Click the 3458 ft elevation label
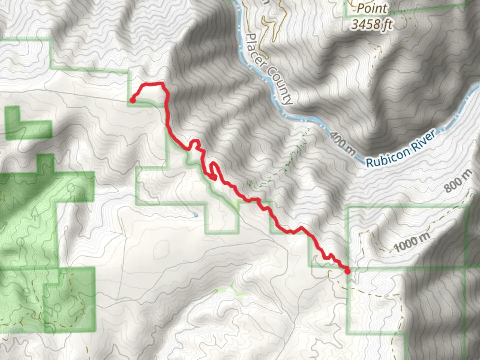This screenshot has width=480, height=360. (371, 24)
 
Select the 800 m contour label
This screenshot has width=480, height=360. (458, 182)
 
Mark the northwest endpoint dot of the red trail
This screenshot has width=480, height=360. (132, 100)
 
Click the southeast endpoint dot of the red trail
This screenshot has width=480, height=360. (347, 271)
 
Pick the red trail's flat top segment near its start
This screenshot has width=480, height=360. (152, 84)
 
